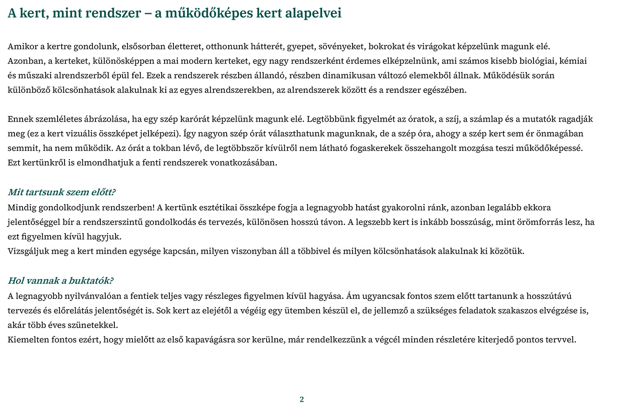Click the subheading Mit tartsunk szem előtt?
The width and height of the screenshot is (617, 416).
click(62, 192)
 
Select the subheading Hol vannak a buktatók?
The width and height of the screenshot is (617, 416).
click(60, 281)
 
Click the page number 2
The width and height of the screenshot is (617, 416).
click(302, 399)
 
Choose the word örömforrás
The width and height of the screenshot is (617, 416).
click(536, 222)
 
